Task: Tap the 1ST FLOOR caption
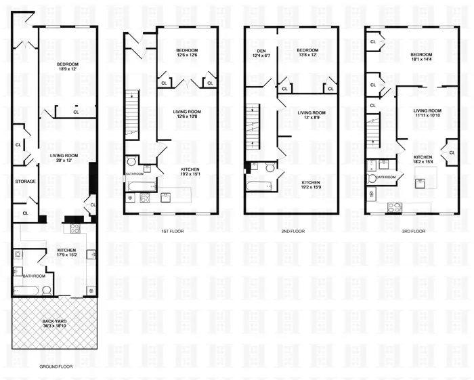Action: [x=173, y=231]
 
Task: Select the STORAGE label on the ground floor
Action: [x=26, y=181]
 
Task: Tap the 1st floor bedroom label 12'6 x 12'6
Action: [x=187, y=56]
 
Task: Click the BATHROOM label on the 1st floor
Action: [x=135, y=173]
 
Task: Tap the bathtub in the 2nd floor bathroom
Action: [x=259, y=185]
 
